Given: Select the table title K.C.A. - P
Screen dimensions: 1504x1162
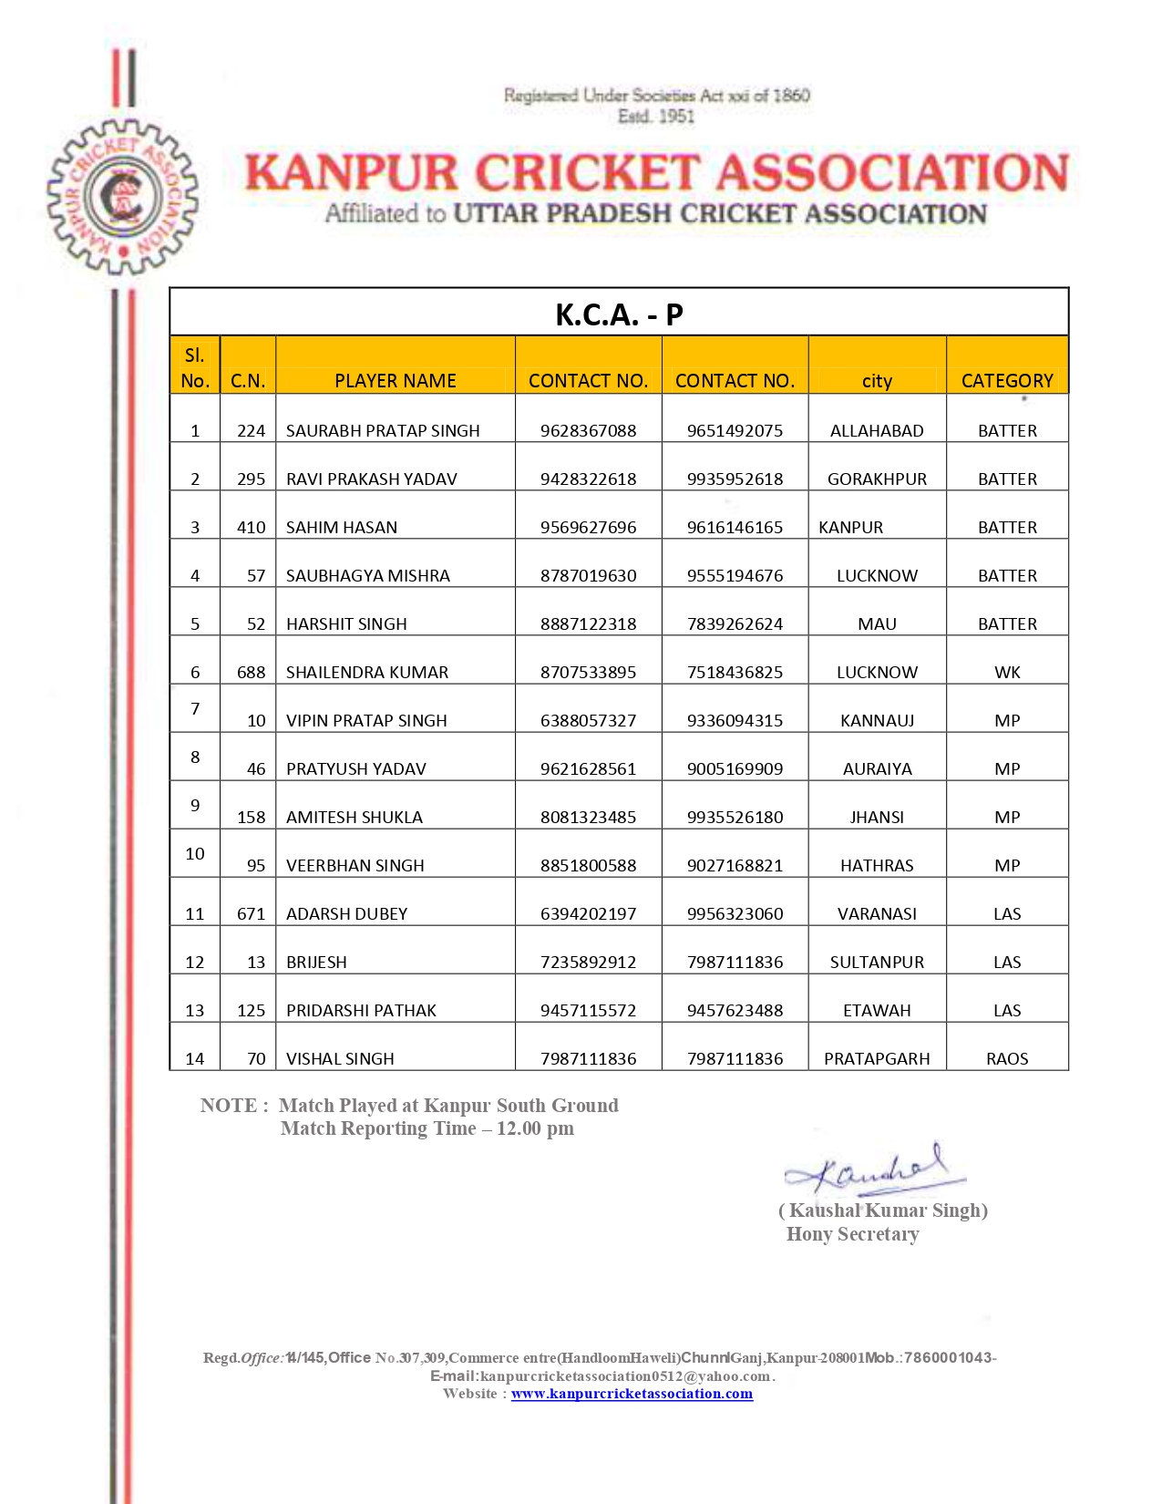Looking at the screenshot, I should [x=619, y=314].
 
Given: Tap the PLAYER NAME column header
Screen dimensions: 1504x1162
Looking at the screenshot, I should [x=395, y=381].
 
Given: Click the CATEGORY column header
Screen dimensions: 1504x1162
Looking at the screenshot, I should [x=1007, y=381].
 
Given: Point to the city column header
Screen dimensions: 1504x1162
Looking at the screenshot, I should [x=877, y=381].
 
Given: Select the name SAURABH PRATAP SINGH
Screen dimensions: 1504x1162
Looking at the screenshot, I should [x=383, y=431].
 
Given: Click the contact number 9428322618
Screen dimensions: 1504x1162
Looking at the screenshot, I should [x=588, y=479].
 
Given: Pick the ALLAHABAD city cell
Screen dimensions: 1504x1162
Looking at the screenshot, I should [x=877, y=431].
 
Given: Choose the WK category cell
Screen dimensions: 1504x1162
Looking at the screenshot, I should [x=1007, y=673].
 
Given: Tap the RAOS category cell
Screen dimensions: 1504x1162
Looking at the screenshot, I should [x=1007, y=1059].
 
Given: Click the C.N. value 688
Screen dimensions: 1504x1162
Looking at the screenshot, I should [x=251, y=673].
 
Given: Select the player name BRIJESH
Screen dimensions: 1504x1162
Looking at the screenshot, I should [x=316, y=963].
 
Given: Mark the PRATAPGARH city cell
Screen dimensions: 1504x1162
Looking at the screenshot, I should [x=877, y=1059].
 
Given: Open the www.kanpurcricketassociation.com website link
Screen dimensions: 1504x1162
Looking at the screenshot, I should [x=632, y=1394].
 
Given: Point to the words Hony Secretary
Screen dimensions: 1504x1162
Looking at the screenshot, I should [x=852, y=1234].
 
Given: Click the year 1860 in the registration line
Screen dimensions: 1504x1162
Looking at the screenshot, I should [x=791, y=96].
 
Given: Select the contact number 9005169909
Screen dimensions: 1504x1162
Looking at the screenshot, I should [x=735, y=769].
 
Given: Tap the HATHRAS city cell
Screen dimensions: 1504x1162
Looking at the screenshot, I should [x=877, y=866].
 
